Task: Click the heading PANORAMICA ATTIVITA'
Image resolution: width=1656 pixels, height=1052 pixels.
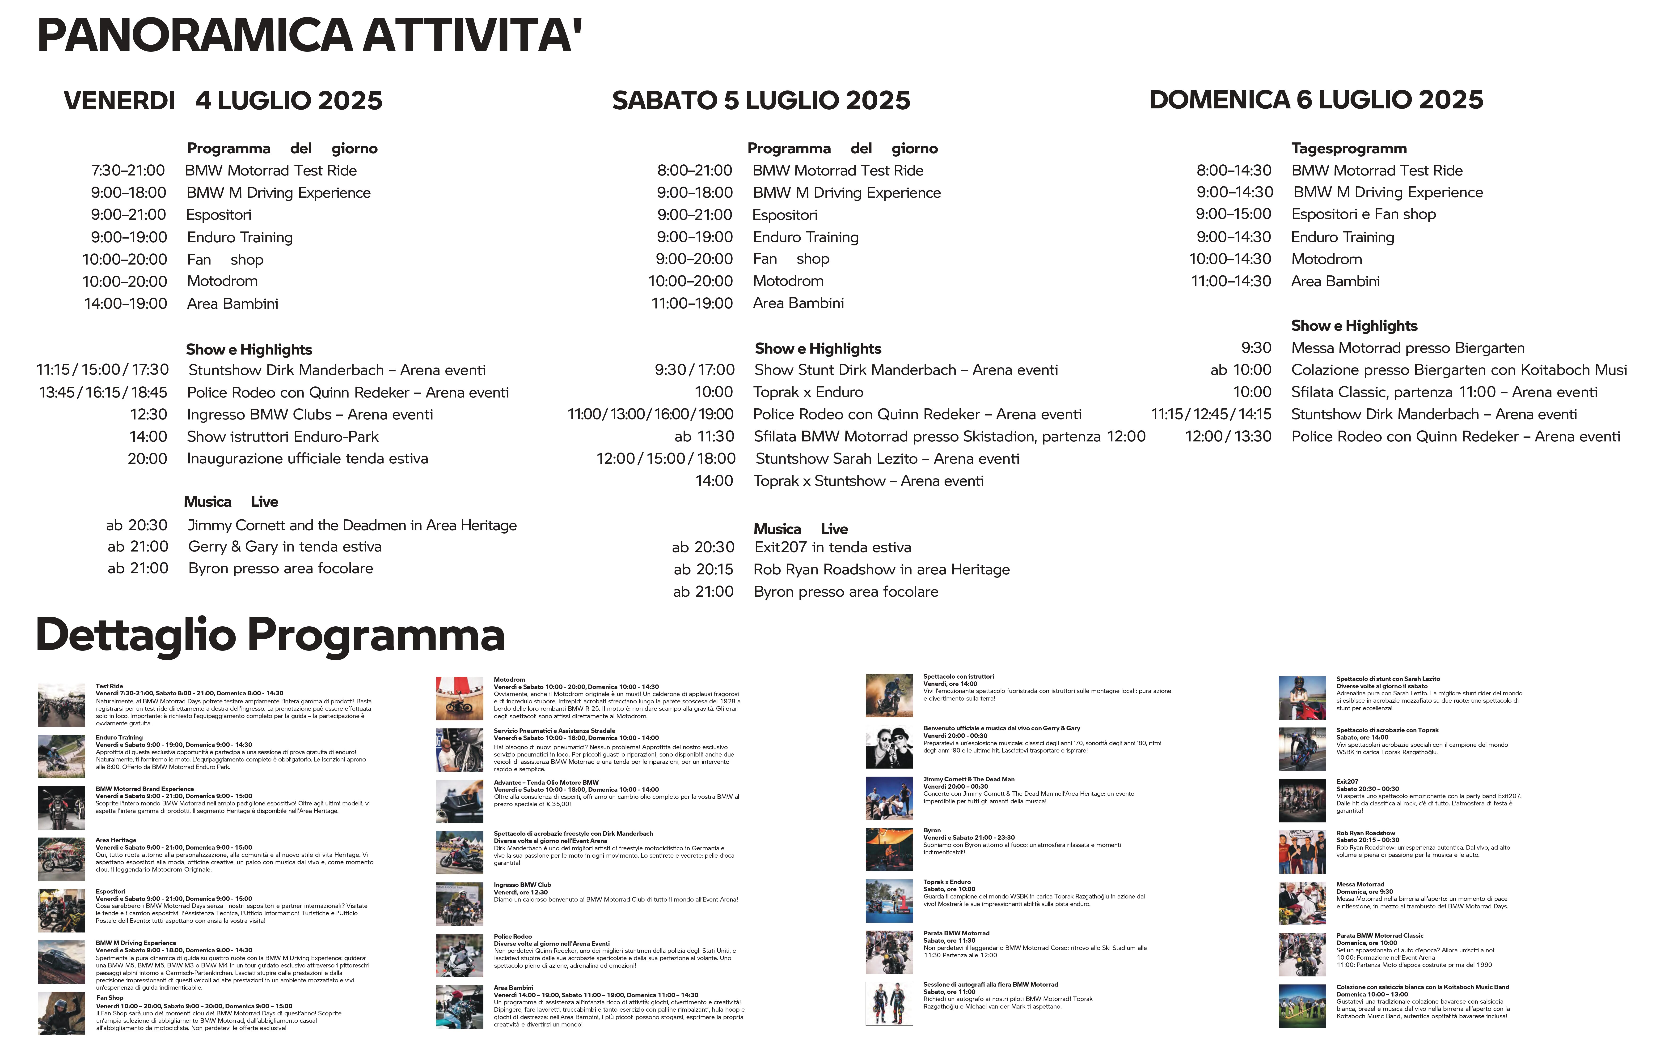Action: pos(309,36)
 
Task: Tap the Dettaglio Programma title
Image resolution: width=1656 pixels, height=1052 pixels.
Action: pos(270,634)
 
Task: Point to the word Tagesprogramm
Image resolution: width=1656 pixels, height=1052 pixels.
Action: pos(1349,149)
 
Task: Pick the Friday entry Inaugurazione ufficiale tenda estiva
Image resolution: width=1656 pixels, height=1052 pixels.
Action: pos(307,459)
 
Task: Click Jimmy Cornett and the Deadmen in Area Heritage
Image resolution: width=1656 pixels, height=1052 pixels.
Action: pos(352,526)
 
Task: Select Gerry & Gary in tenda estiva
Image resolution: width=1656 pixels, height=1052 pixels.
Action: pos(285,547)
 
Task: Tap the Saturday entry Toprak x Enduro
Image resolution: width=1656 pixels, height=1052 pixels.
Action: pos(808,392)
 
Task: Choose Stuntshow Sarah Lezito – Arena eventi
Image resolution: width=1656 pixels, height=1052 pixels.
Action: pos(887,459)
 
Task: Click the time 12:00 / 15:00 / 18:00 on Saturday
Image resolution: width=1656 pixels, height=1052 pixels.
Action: pos(666,459)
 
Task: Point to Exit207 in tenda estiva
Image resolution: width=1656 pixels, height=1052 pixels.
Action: pos(832,548)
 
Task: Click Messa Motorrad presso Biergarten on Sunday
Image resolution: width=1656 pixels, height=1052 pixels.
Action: pos(1408,348)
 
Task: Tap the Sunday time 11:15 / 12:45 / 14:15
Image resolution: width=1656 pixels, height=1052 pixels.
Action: pos(1211,414)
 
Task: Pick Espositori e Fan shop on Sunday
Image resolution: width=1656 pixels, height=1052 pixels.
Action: pos(1363,215)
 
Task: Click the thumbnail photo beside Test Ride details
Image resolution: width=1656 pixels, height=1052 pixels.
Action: pos(61,705)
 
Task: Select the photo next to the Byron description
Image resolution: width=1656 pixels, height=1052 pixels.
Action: pos(888,850)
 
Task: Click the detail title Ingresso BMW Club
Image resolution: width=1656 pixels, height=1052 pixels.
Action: pos(522,885)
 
